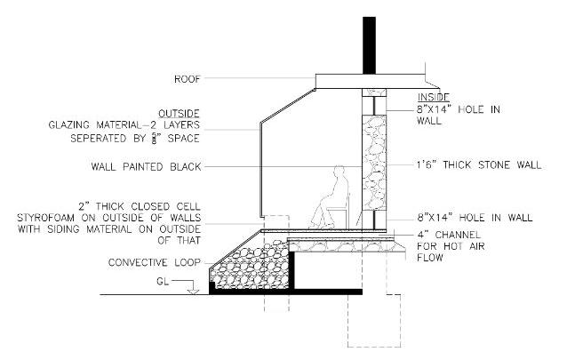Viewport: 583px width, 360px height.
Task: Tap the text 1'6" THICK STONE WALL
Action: [x=479, y=166]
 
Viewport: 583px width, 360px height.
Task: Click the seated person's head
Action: [x=338, y=173]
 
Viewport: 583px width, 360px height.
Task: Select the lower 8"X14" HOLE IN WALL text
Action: [x=474, y=217]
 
